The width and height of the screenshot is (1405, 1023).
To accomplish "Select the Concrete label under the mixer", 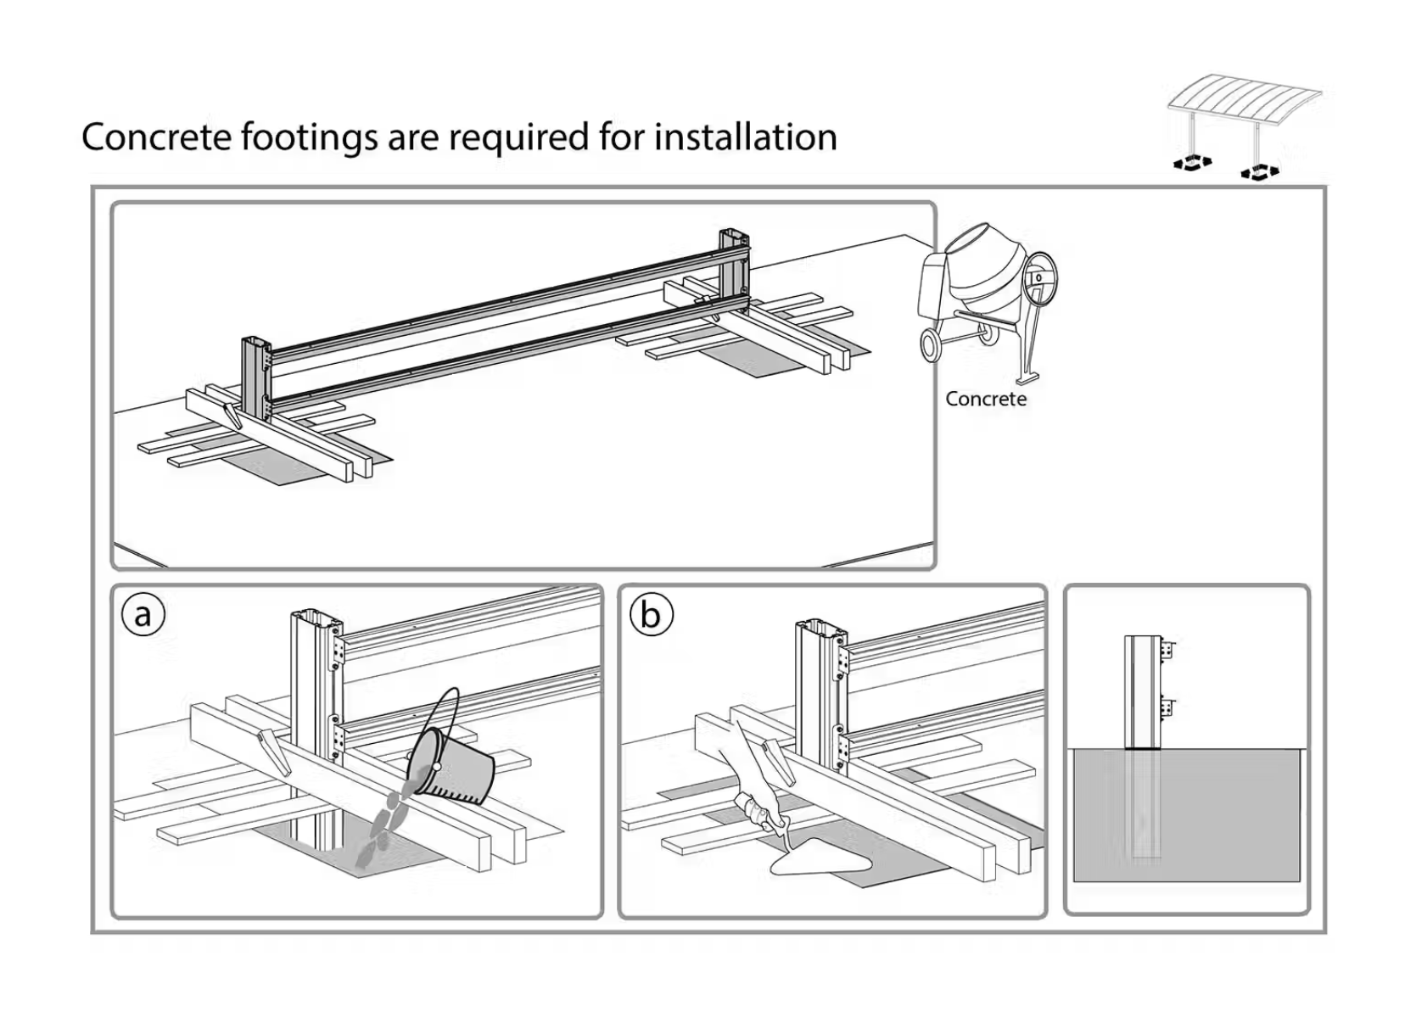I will click(985, 399).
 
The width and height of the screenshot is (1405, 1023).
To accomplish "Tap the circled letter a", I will click(143, 614).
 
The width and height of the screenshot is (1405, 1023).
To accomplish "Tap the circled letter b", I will click(651, 614).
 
